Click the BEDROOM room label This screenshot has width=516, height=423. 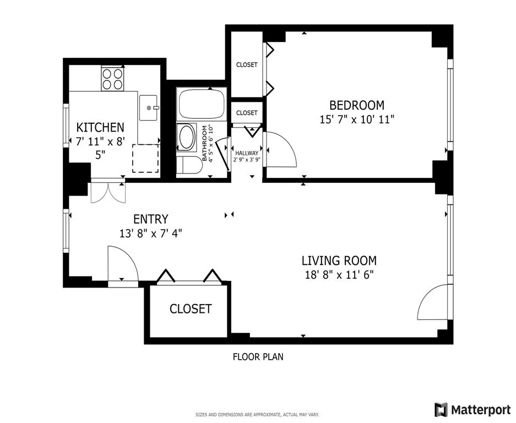click(356, 105)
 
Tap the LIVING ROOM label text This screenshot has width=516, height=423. click(339, 261)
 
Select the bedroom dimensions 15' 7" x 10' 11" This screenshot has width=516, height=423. click(356, 119)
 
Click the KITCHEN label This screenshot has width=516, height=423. click(100, 127)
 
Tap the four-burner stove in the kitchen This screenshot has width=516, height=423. click(112, 78)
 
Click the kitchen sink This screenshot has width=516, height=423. click(149, 107)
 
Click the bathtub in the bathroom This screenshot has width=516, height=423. click(201, 104)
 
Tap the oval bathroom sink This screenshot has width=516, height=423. click(187, 137)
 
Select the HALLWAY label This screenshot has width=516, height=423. click(246, 154)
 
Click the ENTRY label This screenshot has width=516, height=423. click(150, 219)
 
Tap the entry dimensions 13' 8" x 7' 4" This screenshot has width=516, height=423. click(150, 233)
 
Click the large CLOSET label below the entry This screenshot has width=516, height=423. click(190, 308)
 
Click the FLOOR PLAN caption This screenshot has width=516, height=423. click(258, 356)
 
